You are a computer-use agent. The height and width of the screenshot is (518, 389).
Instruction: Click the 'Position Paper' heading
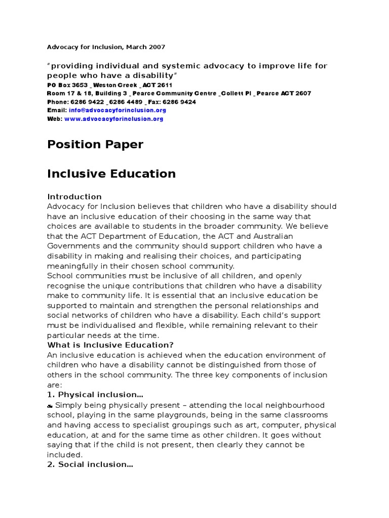95,145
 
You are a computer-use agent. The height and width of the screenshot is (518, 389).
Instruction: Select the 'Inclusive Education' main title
111,174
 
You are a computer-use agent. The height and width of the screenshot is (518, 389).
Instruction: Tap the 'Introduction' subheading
74,197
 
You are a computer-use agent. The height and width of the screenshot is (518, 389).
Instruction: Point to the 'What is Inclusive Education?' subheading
103,345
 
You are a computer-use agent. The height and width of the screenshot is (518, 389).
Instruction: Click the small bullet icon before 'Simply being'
50,406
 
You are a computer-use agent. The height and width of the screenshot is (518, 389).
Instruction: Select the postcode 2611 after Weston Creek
165,85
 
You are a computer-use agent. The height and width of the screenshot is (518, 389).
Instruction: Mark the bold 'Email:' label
57,110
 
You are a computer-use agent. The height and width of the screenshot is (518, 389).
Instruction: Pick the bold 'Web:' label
55,119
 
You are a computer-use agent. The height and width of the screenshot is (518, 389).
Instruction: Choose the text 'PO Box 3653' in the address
67,85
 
